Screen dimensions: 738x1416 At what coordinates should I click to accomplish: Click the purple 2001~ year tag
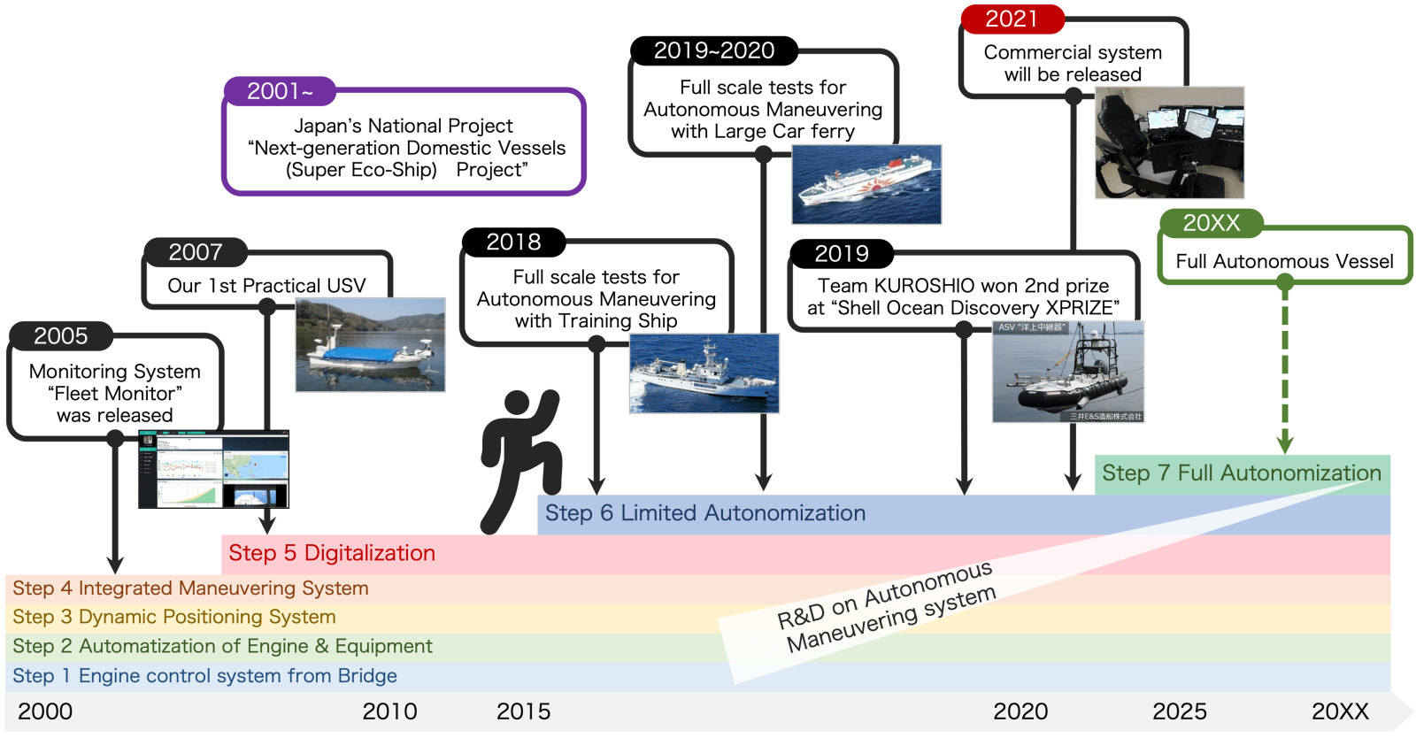click(280, 91)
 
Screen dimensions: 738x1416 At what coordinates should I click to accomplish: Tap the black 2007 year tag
click(196, 252)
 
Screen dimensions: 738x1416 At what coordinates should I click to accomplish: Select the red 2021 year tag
click(1012, 19)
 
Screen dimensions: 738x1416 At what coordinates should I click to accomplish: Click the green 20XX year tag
click(1211, 223)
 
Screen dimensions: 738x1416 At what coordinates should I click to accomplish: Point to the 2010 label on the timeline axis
click(389, 711)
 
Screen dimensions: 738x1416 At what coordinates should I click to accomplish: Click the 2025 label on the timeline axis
click(1179, 711)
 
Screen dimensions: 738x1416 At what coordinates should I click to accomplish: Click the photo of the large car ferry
click(866, 184)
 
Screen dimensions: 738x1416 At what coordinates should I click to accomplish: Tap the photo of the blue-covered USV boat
click(371, 345)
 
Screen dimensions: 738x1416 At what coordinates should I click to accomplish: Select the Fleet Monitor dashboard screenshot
click(213, 469)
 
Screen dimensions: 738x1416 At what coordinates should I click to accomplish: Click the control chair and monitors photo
click(1169, 142)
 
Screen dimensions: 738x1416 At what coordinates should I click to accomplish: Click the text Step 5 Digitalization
click(332, 553)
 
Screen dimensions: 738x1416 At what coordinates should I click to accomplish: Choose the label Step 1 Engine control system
click(204, 676)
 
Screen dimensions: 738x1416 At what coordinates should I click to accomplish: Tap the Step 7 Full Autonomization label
click(1241, 473)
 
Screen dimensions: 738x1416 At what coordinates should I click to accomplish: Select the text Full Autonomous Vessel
click(1284, 261)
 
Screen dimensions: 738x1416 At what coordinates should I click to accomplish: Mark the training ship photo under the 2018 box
click(704, 373)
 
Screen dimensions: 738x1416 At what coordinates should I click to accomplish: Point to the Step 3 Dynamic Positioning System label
click(174, 617)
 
